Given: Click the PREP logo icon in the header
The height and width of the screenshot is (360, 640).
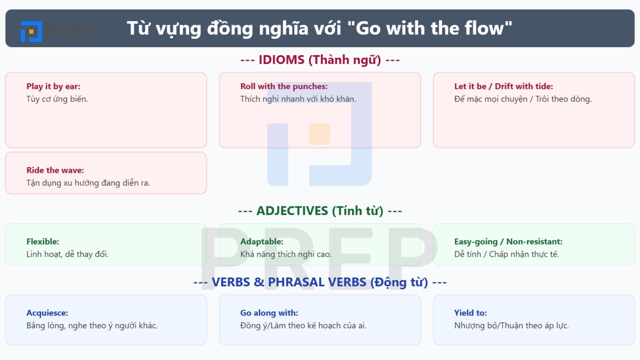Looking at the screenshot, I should [31, 32].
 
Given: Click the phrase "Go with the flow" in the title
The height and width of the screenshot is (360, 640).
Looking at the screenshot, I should [430, 28].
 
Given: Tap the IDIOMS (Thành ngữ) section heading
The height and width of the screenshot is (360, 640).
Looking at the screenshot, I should [320, 60].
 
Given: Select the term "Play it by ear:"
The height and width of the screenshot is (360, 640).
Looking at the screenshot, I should [53, 86].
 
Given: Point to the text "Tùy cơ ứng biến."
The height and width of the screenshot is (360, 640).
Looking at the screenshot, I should [57, 99].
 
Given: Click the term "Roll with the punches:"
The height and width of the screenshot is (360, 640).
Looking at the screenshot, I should [284, 86].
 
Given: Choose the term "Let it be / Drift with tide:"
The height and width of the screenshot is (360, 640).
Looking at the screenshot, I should [503, 86].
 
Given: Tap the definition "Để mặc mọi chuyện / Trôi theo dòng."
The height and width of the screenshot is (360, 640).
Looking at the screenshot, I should [522, 99].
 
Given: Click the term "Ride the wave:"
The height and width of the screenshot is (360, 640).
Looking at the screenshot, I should [55, 170].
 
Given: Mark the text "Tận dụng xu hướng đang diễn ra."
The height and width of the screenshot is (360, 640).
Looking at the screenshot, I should [88, 183].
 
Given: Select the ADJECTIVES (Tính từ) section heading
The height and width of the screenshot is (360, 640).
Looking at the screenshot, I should [320, 211].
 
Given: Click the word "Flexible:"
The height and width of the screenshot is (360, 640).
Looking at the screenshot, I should [43, 242].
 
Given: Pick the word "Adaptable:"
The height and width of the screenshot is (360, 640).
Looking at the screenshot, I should [262, 242].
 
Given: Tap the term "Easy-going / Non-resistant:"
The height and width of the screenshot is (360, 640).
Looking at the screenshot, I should [508, 242].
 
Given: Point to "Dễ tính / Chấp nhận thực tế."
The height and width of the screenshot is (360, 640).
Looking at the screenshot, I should [506, 254].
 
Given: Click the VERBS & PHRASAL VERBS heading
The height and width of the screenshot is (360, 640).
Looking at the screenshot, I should [320, 282].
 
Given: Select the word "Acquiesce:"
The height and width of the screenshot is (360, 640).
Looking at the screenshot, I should [47, 313].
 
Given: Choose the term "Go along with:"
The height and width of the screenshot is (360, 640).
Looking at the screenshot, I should [269, 313].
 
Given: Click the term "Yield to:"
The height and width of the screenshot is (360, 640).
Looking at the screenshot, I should [470, 313].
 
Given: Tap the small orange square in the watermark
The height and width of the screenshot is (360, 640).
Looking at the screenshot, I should [319, 134].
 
